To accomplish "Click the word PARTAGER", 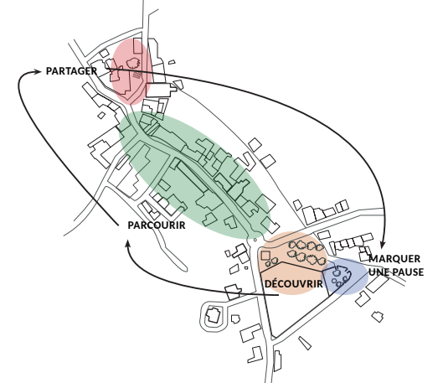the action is [x=71, y=71].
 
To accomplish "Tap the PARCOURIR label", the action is [x=157, y=225].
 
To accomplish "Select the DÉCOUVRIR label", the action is [x=294, y=284].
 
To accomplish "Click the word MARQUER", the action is [x=394, y=259].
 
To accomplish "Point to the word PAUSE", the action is [x=407, y=272].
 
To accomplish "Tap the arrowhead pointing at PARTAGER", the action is [x=38, y=71].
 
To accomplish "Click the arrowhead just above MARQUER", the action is [x=383, y=245].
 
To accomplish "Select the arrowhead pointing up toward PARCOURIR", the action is [x=128, y=244].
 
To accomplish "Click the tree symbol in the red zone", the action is [x=133, y=62].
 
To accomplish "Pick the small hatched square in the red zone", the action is [x=137, y=75].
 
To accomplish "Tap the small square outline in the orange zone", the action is [x=265, y=255].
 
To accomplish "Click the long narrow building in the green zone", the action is [x=192, y=176].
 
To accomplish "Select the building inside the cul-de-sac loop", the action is [x=214, y=314].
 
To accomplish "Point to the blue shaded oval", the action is [x=345, y=276].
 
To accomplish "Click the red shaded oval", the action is [x=131, y=71].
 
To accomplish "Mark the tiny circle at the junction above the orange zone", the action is [x=255, y=240].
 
